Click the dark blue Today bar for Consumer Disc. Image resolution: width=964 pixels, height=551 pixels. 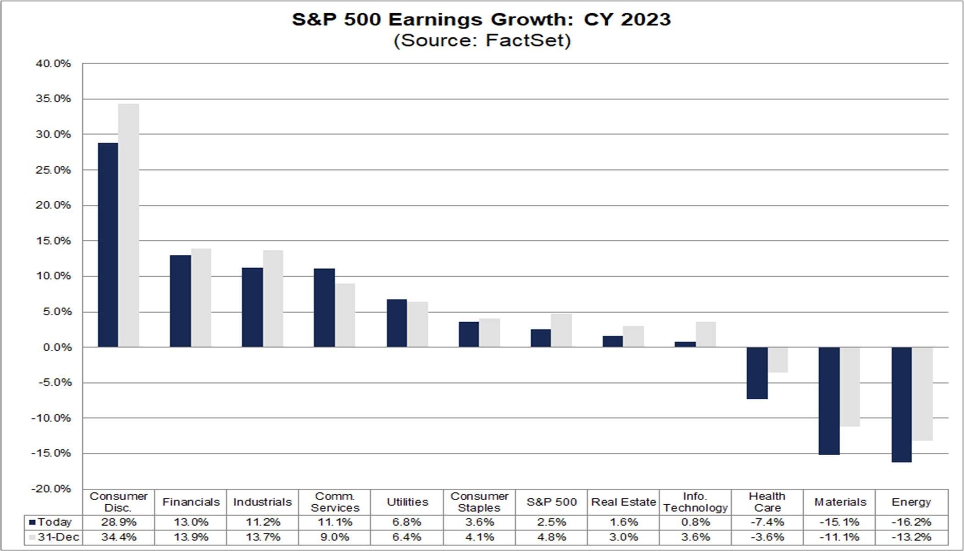coord(108,245)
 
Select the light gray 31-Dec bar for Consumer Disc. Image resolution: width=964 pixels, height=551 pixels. coord(128,225)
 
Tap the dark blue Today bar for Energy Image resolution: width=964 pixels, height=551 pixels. coord(901,404)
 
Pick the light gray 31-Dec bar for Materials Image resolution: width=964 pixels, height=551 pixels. coord(850,387)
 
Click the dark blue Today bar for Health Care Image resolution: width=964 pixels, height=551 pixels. coord(757,373)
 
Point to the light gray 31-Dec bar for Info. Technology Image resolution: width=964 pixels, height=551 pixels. coord(705,334)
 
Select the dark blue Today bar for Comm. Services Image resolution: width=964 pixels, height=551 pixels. coord(324,308)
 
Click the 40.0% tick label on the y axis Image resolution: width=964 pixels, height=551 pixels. coord(53,64)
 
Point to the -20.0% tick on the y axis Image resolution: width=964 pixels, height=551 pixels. coord(51,489)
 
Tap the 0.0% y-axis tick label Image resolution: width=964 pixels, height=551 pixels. coord(57,347)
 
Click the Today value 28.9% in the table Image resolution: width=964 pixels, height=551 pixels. coord(118,522)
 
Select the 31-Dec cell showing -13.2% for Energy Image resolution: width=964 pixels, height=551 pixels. coord(911,537)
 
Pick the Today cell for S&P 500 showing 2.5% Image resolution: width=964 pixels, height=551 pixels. coord(551,522)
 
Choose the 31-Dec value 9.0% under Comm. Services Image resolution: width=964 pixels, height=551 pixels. coord(335,537)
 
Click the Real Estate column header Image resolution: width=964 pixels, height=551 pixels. coord(623,502)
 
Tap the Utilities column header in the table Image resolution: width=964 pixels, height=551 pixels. coord(407,502)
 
